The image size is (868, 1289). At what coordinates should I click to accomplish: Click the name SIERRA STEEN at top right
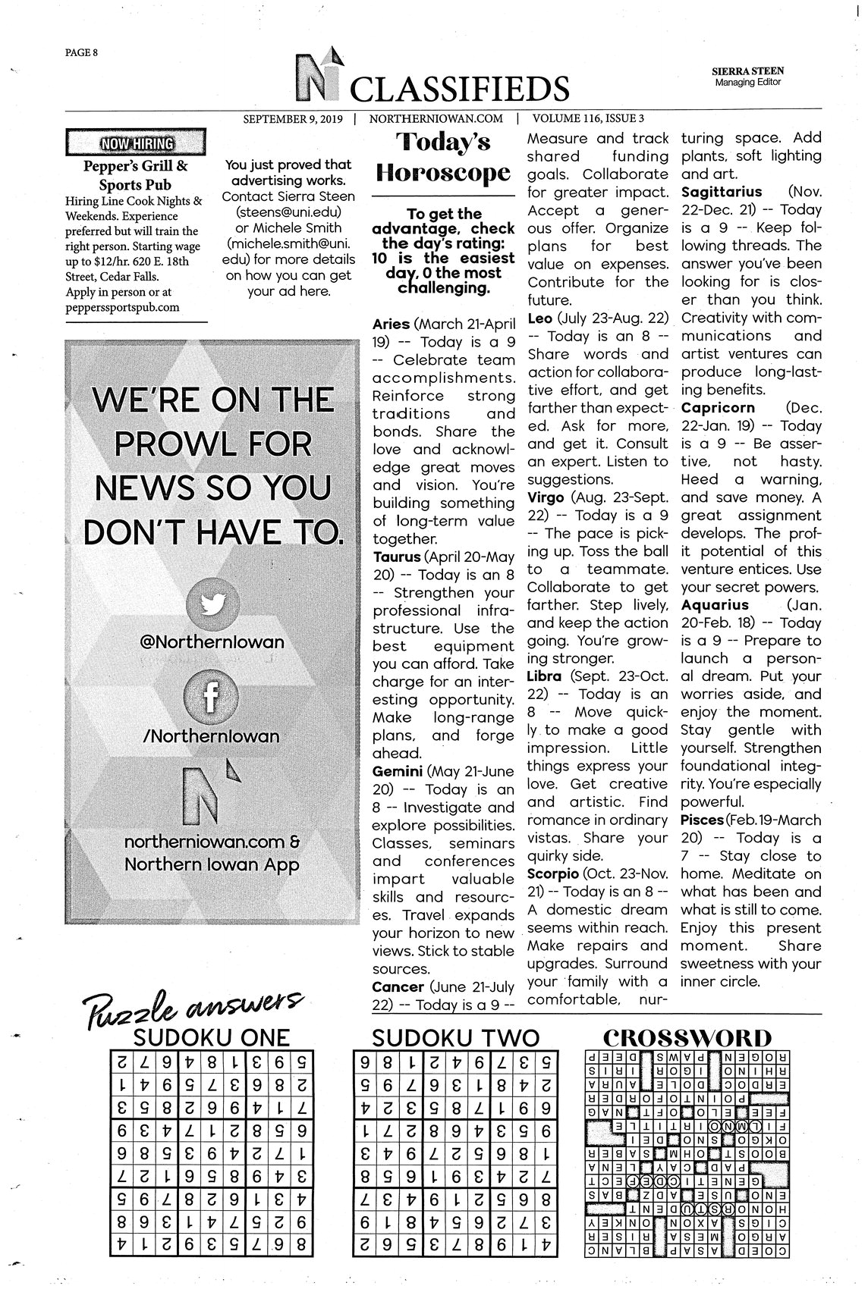(748, 71)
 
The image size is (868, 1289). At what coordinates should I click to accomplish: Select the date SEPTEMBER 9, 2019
(293, 118)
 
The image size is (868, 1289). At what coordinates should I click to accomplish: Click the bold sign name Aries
(391, 324)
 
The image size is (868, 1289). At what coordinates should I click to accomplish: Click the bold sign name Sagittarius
(722, 192)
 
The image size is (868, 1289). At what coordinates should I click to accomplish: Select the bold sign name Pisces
(702, 820)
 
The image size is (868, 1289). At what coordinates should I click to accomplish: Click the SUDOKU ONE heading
(211, 1037)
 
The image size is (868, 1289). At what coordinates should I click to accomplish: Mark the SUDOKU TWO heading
(455, 1037)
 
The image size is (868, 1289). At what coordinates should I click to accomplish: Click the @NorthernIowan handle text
(212, 642)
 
